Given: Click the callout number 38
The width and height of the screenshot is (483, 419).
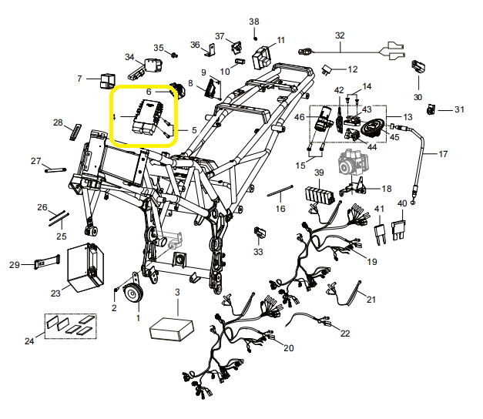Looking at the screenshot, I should coord(253,22).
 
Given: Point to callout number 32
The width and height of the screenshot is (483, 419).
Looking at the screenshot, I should coord(340,35).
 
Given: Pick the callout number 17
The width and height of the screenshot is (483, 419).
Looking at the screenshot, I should coord(443,154).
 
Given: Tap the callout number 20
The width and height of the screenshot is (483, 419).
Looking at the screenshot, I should coord(288,348).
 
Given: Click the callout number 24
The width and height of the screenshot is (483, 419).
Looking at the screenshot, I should coord(30,341).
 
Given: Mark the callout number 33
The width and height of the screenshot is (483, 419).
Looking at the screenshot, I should coord(258,252).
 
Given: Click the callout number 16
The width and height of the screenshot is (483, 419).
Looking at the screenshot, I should coord(280,209).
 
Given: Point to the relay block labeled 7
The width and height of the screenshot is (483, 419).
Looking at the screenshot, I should coord(106,79).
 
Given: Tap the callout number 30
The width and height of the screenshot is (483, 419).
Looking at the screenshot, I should coord(418,98).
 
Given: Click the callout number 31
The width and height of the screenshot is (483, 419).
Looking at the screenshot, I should coord(460,109).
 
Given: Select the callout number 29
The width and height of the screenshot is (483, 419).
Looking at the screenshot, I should coord(14,265).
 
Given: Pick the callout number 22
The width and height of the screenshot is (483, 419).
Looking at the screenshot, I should coord(344,333).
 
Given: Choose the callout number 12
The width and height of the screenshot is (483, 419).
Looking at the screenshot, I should coord(352,69).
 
